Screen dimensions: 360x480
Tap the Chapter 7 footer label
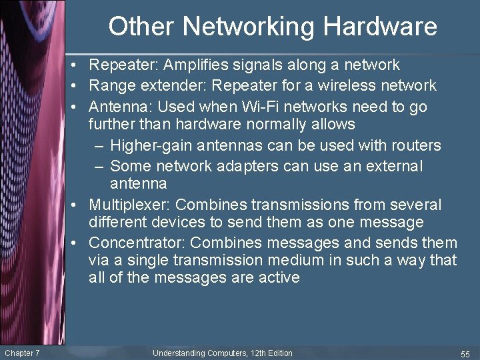coord(22,353)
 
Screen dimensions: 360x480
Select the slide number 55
coord(465,353)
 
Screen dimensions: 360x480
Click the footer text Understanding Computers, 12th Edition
coord(222,353)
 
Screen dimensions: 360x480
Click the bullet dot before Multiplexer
coord(79,205)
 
